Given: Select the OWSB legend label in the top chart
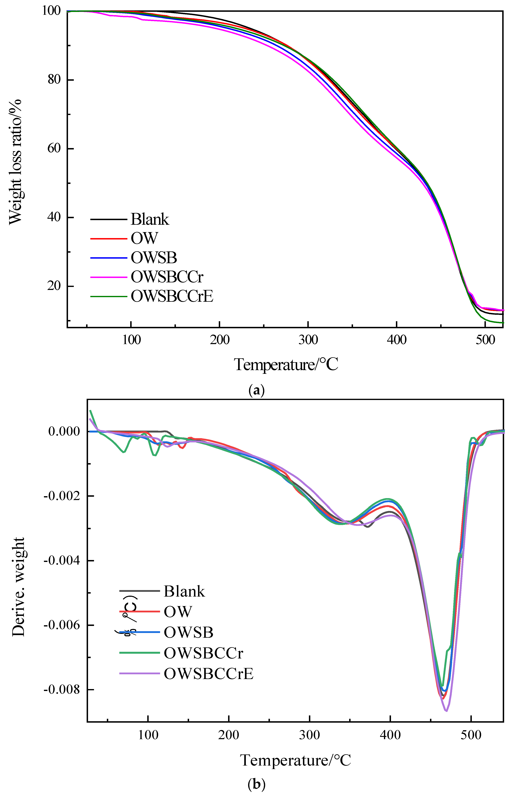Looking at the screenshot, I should pyautogui.click(x=154, y=257).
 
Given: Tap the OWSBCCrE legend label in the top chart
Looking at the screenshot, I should pyautogui.click(x=172, y=296).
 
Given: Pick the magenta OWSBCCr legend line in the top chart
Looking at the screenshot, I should pyautogui.click(x=109, y=277).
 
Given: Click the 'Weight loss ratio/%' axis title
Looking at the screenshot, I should pyautogui.click(x=15, y=162).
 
